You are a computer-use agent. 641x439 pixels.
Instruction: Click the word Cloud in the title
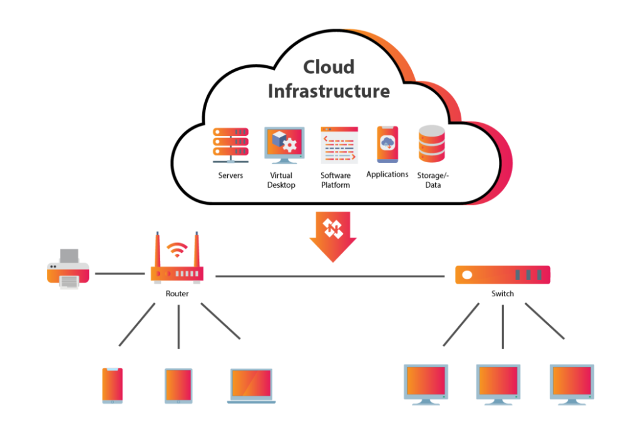[x=329, y=67]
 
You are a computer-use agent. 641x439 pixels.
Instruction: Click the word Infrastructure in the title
[x=329, y=91]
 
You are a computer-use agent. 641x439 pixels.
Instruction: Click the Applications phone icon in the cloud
[x=387, y=144]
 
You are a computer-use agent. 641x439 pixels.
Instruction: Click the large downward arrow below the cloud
[x=333, y=236]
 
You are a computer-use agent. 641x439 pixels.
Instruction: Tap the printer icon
[x=68, y=269]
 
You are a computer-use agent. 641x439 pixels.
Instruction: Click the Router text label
[x=177, y=294]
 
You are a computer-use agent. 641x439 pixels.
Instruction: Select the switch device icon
[x=502, y=275]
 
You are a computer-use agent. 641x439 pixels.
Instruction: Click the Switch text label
[x=502, y=294]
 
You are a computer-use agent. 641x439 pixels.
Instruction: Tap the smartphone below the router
[x=113, y=385]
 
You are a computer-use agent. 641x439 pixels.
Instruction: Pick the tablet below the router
[x=178, y=385]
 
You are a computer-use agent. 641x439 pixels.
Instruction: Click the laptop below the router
[x=250, y=385]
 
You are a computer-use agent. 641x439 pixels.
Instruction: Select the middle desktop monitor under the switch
[x=498, y=383]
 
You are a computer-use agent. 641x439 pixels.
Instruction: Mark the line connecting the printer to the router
[x=119, y=274]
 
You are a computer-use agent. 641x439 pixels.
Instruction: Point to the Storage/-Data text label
[x=433, y=180]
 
